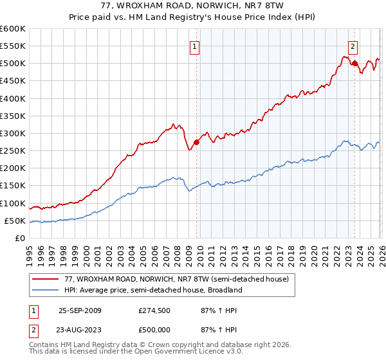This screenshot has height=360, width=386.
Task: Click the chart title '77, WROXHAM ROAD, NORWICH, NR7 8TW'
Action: coord(193,6)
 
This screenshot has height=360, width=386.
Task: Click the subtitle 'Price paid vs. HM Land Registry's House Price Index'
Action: coord(193,17)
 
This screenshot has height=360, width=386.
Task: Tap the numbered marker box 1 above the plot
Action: coord(194,46)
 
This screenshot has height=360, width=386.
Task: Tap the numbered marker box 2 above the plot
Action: coord(353,46)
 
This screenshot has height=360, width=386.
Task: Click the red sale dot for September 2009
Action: coord(196,143)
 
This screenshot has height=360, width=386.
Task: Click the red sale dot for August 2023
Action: coord(354,63)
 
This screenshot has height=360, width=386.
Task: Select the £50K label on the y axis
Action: coord(15,221)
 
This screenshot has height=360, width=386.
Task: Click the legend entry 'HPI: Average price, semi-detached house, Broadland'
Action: coord(152,290)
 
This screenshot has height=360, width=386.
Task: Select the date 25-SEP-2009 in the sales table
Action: coord(80,310)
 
